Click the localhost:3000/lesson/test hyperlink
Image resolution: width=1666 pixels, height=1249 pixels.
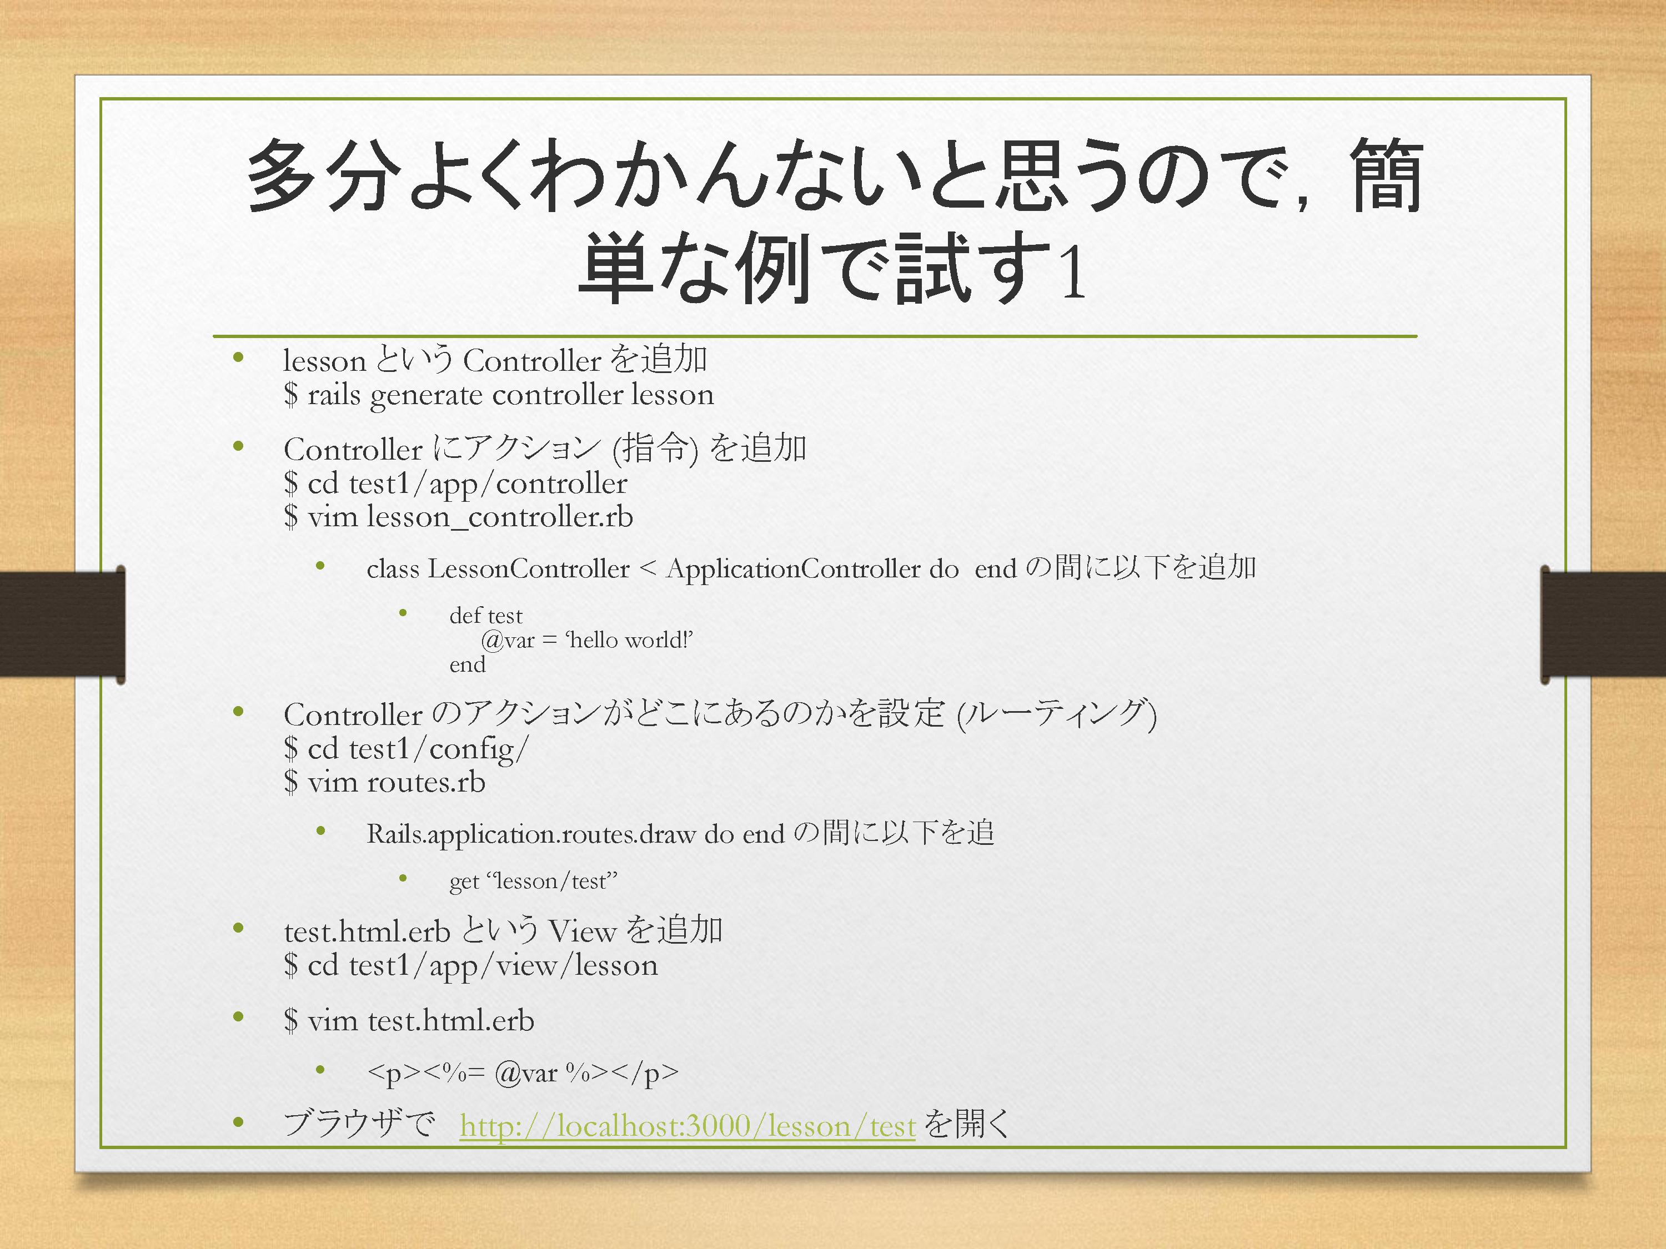688,1126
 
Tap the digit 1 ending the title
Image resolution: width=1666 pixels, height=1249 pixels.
1072,273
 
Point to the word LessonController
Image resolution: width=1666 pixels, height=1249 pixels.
528,568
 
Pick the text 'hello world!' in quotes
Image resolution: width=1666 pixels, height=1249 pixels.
629,640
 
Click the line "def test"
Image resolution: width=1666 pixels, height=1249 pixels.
486,616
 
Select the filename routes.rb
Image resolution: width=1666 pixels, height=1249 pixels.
426,782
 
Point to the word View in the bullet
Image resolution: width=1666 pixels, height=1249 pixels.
582,932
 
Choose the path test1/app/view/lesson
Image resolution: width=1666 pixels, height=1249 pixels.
503,966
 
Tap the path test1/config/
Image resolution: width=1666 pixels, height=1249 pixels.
439,749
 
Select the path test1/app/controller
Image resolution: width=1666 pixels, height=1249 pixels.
488,484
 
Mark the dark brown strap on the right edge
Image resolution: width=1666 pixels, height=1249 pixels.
1603,624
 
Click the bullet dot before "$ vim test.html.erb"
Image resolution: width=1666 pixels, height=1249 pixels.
239,1017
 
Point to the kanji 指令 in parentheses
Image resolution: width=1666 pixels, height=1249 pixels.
655,449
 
